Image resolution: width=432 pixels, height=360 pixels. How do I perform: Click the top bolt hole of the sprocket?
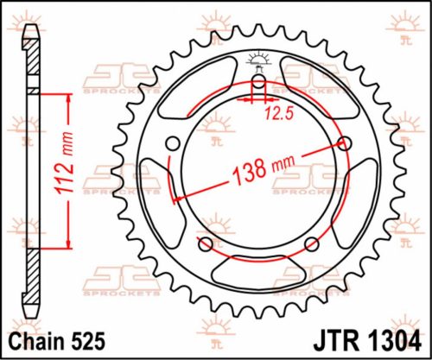click(x=257, y=84)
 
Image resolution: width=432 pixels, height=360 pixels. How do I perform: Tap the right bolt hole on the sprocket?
click(x=348, y=143)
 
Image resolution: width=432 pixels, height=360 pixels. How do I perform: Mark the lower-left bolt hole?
click(x=204, y=246)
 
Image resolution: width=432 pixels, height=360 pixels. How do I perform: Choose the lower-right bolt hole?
click(x=312, y=246)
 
